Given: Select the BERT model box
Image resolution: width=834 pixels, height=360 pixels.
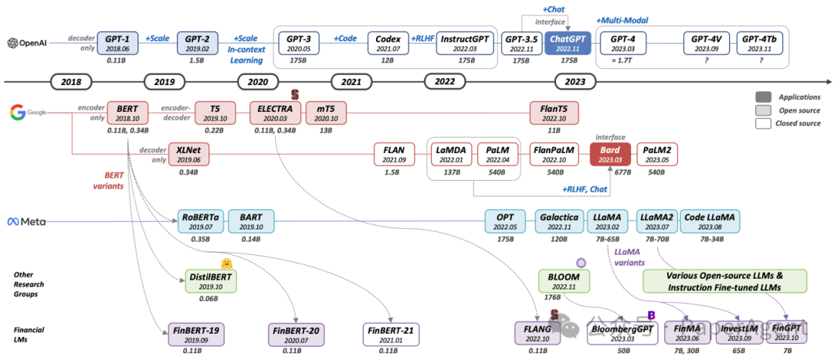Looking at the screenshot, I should pos(128,113).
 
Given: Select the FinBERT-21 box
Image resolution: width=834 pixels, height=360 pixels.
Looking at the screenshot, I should pos(392,334).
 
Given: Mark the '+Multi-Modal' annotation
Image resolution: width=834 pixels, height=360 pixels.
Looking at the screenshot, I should pos(622,19).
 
